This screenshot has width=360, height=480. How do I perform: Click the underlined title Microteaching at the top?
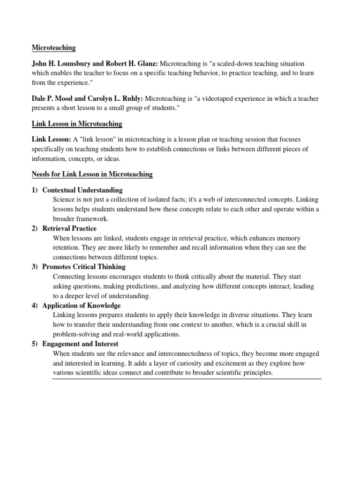tap(53, 48)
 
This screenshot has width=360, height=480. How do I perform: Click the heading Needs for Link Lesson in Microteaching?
tap(92, 174)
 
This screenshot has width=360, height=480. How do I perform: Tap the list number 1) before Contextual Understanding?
tap(35, 190)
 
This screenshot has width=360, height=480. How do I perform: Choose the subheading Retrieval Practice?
tap(69, 229)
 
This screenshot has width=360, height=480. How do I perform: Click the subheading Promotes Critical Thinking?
tap(84, 267)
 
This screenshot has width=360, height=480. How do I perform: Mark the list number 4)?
tap(35, 306)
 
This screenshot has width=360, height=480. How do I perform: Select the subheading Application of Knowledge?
tap(82, 306)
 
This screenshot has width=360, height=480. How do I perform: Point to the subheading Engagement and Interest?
tap(80, 344)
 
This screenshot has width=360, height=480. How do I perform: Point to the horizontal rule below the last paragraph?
tap(187, 378)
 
